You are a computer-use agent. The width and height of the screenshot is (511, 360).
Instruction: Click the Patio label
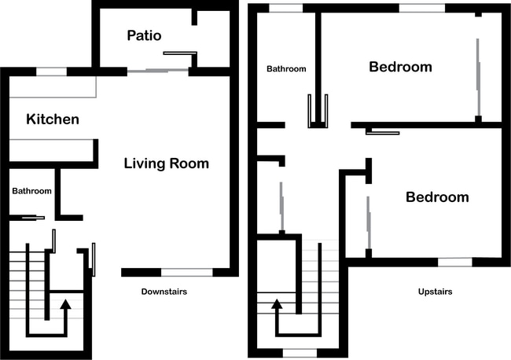144,35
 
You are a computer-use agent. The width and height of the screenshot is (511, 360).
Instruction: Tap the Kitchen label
53,119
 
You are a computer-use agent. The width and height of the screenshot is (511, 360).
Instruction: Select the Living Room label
166,163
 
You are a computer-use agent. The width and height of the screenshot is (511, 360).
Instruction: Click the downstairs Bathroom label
31,191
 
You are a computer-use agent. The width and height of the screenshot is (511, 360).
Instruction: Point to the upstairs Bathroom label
286,68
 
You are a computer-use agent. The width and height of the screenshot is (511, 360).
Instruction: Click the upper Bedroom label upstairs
400,67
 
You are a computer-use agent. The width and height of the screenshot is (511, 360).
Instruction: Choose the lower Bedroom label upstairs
437,197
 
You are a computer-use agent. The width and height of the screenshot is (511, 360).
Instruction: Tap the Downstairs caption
164,292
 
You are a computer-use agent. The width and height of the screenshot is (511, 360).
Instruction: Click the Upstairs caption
435,292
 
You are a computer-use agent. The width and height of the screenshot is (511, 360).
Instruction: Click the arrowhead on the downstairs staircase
65,304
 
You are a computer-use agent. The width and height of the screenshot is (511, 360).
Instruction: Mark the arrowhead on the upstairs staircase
277,304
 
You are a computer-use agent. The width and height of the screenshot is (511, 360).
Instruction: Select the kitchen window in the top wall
51,72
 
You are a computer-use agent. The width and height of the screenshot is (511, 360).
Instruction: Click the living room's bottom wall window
187,273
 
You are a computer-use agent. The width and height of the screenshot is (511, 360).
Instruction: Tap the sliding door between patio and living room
158,71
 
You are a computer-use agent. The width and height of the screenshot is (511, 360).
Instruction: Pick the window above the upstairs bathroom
286,8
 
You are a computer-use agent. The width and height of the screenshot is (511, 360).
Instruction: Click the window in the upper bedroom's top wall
422,8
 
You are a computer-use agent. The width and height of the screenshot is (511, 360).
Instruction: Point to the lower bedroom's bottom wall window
455,262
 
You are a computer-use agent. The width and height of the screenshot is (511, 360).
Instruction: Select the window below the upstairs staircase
300,353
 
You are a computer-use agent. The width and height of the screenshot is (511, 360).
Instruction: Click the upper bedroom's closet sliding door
478,77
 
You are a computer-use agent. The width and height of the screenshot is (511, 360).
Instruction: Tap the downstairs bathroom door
33,218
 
